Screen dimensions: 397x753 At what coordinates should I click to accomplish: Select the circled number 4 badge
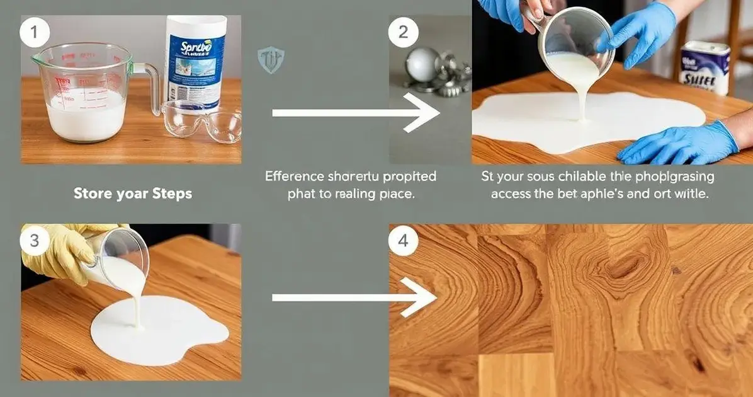tap(404, 240)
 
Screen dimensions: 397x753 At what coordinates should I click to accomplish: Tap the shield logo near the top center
tap(271, 60)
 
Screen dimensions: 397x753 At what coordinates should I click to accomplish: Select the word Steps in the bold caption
tap(172, 193)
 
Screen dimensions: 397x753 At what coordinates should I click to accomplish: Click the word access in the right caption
tap(512, 194)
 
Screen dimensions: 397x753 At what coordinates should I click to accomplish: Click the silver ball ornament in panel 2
tap(420, 64)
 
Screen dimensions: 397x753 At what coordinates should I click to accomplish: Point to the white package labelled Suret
tap(705, 66)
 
